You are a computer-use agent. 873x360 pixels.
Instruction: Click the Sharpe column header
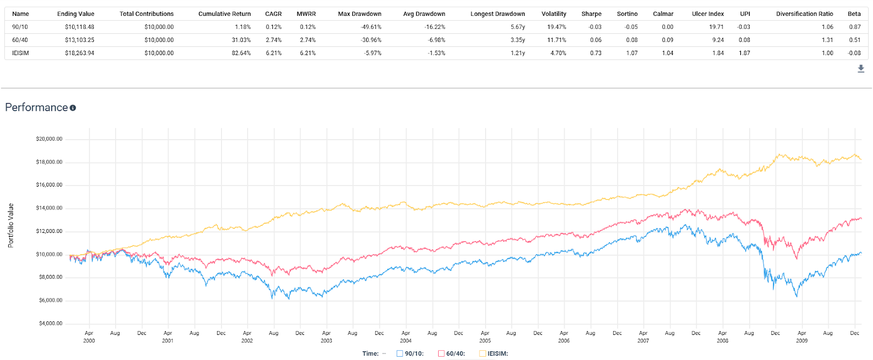(591, 14)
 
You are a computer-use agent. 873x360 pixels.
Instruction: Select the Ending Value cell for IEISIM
(80, 53)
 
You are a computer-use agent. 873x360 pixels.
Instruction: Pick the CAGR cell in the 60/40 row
(273, 40)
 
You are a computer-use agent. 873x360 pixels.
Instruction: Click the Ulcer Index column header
(708, 14)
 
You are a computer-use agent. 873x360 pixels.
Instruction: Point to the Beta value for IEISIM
(854, 53)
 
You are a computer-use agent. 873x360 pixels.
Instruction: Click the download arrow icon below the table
(861, 69)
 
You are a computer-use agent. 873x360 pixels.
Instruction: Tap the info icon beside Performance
(73, 108)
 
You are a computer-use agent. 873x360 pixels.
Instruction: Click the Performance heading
(37, 107)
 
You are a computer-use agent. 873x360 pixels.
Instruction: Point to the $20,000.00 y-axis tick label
(49, 139)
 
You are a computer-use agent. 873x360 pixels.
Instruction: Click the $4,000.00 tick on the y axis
(51, 323)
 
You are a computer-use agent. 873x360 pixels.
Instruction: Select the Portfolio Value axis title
(11, 226)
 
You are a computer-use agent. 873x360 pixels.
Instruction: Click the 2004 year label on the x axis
(406, 340)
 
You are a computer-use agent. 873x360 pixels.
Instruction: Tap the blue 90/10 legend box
(399, 354)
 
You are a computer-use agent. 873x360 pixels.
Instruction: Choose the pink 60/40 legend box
(441, 354)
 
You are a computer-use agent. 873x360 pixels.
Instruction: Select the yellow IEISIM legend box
(482, 354)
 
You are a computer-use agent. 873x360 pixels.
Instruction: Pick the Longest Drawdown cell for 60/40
(518, 40)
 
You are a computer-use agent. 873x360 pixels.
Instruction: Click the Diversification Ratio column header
(804, 14)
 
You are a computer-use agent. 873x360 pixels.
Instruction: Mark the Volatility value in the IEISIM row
(558, 53)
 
